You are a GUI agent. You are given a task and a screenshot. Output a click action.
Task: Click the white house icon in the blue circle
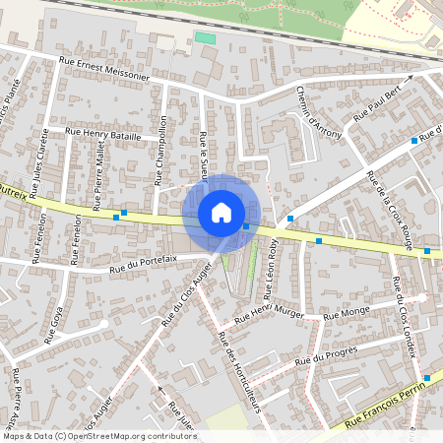pos(221,213)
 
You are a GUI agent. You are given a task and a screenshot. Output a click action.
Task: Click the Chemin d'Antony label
pos(314,109)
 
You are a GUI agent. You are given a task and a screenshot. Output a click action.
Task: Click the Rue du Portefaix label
pos(144,259)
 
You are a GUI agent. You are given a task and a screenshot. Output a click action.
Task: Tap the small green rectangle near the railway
pos(204,37)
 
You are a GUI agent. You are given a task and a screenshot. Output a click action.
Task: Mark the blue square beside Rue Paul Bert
pos(413,141)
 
